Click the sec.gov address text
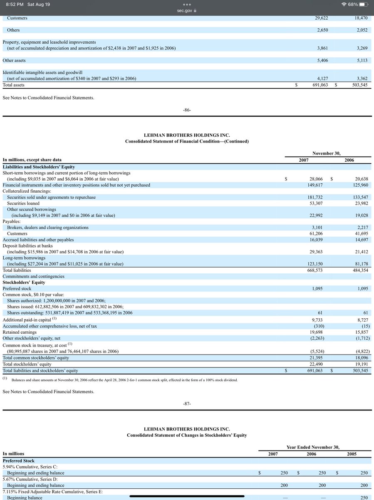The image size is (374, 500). [185, 11]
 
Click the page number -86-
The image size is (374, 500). [187, 110]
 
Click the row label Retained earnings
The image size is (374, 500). [20, 332]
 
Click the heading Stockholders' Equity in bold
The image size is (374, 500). [24, 282]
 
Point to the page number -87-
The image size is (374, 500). [187, 404]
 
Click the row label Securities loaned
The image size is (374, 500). [23, 203]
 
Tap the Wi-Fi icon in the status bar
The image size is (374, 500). [344, 4]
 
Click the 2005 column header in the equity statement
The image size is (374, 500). [352, 454]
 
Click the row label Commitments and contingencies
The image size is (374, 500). [33, 276]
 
